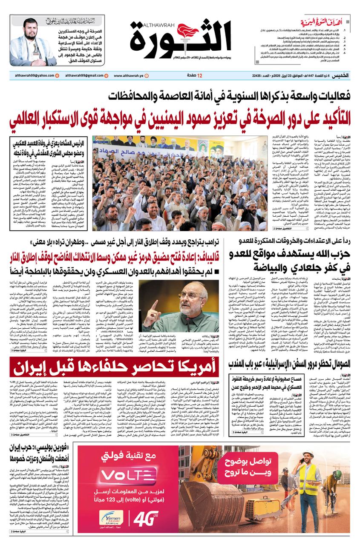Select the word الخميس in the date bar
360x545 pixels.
[x=341, y=75]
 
